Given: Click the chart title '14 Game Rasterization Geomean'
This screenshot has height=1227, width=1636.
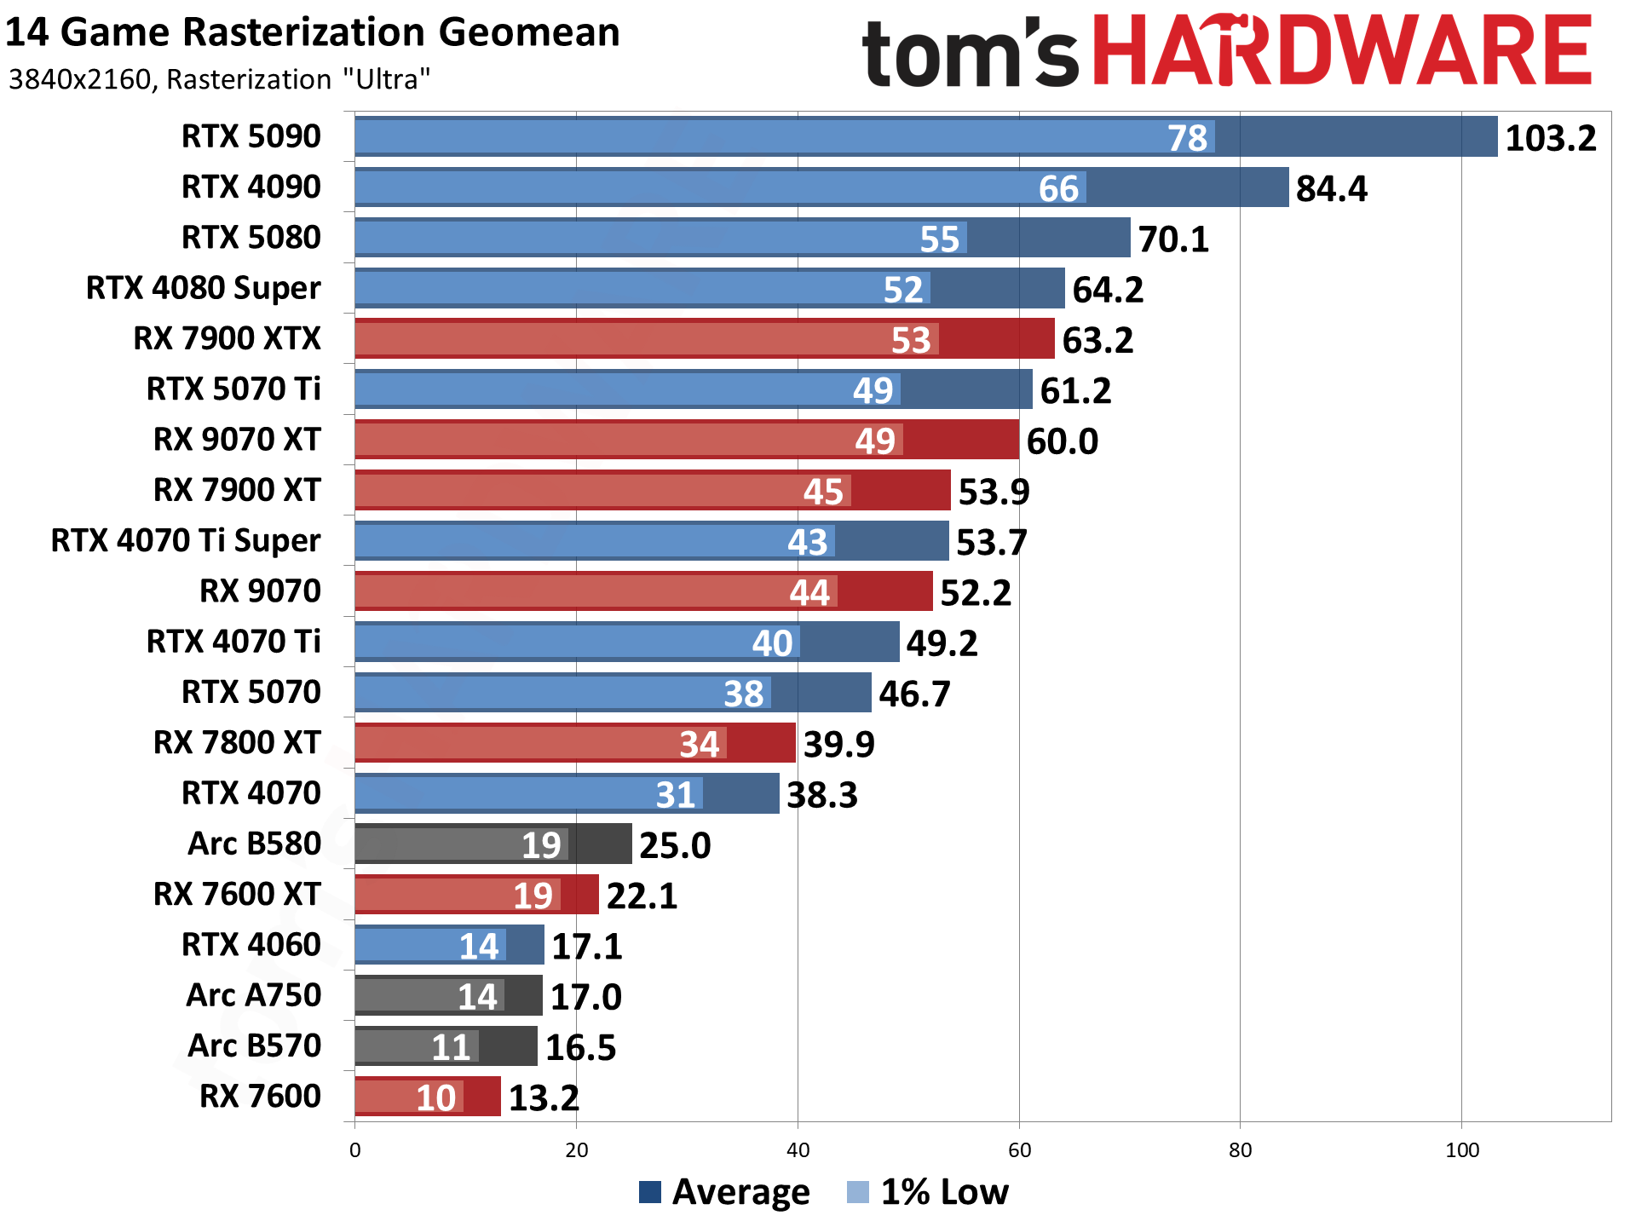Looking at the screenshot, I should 312,33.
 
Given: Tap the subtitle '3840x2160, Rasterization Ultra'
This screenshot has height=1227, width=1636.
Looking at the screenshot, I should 219,79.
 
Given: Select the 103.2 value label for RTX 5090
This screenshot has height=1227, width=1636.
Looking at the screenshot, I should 1550,138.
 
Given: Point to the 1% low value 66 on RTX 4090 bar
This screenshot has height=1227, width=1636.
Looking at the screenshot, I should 1058,188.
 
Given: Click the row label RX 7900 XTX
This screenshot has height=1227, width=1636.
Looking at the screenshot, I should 227,338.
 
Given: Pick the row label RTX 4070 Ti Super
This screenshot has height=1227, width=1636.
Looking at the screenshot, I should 186,540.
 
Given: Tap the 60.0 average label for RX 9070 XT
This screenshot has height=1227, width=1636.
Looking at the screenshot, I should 1062,441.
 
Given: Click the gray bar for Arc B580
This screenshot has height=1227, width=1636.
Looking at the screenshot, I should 493,844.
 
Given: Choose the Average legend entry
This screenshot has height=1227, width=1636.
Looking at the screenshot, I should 724,1191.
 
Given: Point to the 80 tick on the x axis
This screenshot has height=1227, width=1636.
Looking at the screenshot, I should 1240,1150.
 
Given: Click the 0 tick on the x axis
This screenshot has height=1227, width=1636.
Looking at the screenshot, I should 355,1150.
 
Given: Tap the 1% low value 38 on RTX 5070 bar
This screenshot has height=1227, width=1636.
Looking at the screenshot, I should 743,694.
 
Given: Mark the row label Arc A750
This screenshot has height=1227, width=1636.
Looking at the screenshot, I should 254,995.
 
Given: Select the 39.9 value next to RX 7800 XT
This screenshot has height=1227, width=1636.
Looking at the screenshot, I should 838,744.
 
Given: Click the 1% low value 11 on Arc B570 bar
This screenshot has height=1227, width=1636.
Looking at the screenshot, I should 450,1047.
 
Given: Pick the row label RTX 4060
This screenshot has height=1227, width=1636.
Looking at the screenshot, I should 251,944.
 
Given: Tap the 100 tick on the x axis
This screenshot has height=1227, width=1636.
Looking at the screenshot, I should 1461,1150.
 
